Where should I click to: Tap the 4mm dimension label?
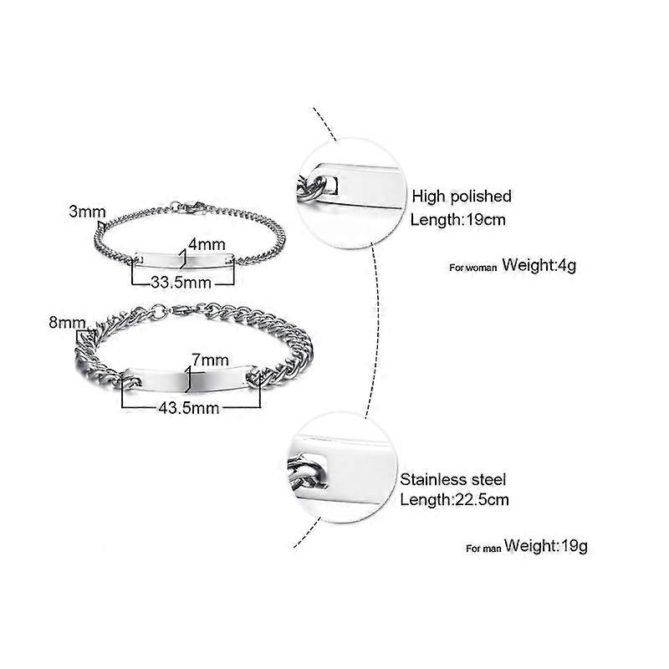point(207,246)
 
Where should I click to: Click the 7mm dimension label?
point(210,360)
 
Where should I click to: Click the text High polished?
point(461,197)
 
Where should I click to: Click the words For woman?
point(472,268)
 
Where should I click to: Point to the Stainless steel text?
point(452,480)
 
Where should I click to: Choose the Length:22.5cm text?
point(455,500)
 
